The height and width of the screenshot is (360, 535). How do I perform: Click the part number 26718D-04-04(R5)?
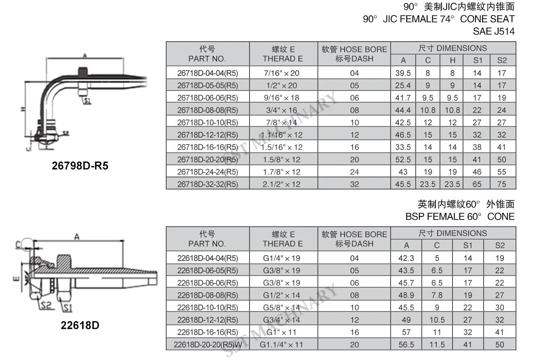click(207, 73)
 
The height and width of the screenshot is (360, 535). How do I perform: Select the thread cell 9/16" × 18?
click(281, 98)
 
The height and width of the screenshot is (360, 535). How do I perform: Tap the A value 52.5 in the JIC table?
click(403, 160)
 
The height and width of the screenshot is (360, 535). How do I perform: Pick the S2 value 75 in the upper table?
click(501, 184)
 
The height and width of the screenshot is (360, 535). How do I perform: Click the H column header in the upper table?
click(453, 60)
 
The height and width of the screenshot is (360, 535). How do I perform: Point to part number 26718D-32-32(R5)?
click(207, 184)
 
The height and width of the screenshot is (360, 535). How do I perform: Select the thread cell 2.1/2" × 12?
click(281, 184)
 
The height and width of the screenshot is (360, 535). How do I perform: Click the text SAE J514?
click(494, 31)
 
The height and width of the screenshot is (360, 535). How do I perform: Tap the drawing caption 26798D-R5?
click(80, 166)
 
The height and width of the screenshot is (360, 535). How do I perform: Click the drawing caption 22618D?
click(80, 325)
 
